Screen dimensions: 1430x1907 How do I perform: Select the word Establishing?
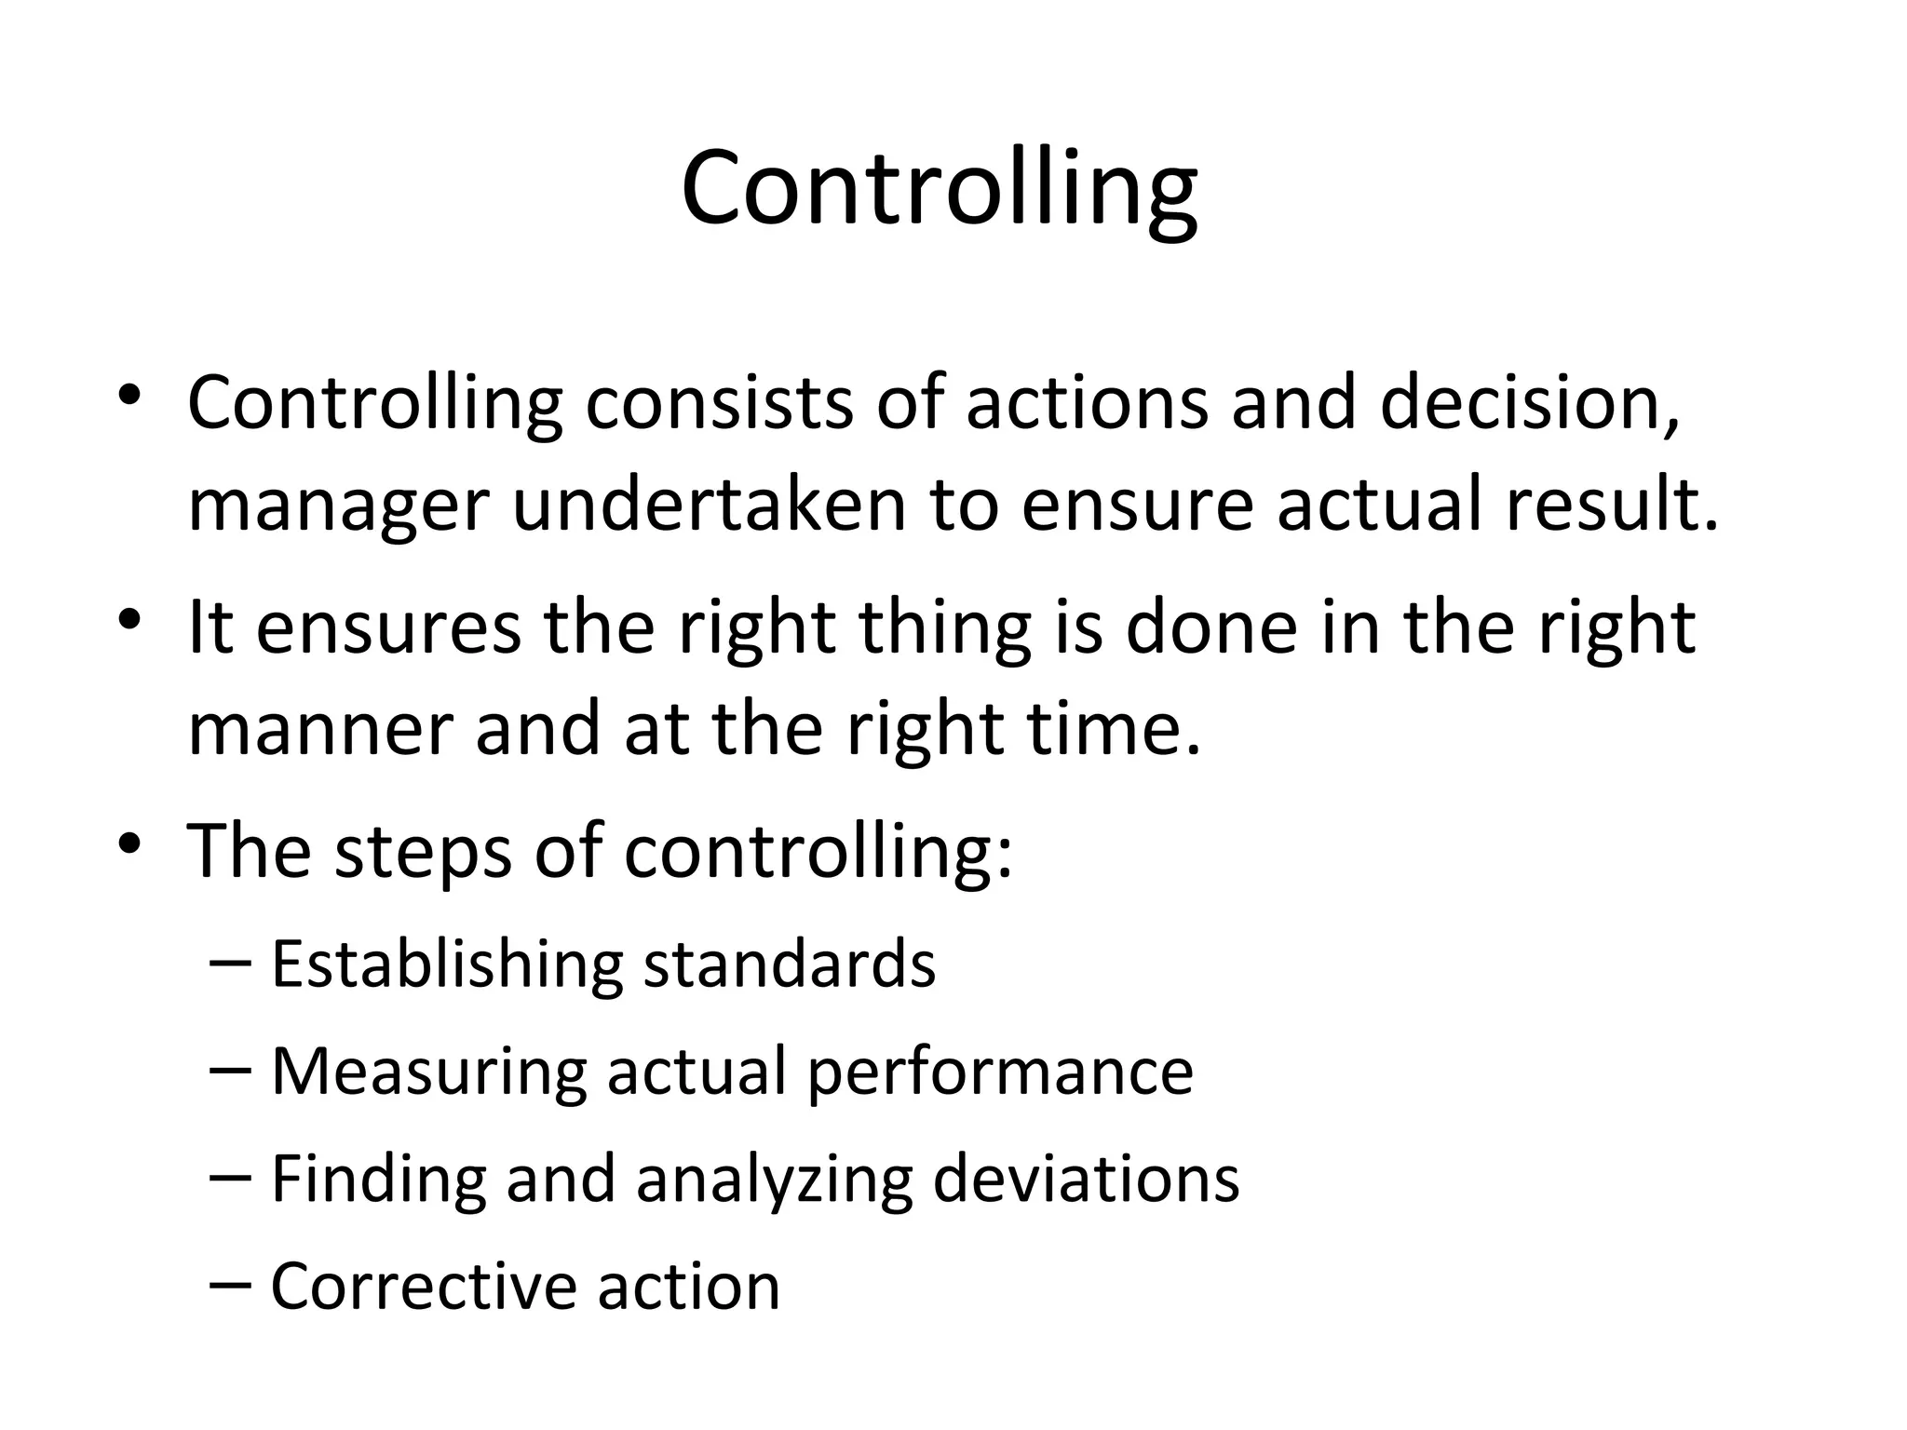[446, 965]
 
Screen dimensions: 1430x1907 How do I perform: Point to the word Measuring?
[428, 1072]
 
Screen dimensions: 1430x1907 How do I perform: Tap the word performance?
[1000, 1073]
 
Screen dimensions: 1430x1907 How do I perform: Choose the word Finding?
[378, 1180]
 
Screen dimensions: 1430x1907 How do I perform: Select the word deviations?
[1086, 1179]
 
